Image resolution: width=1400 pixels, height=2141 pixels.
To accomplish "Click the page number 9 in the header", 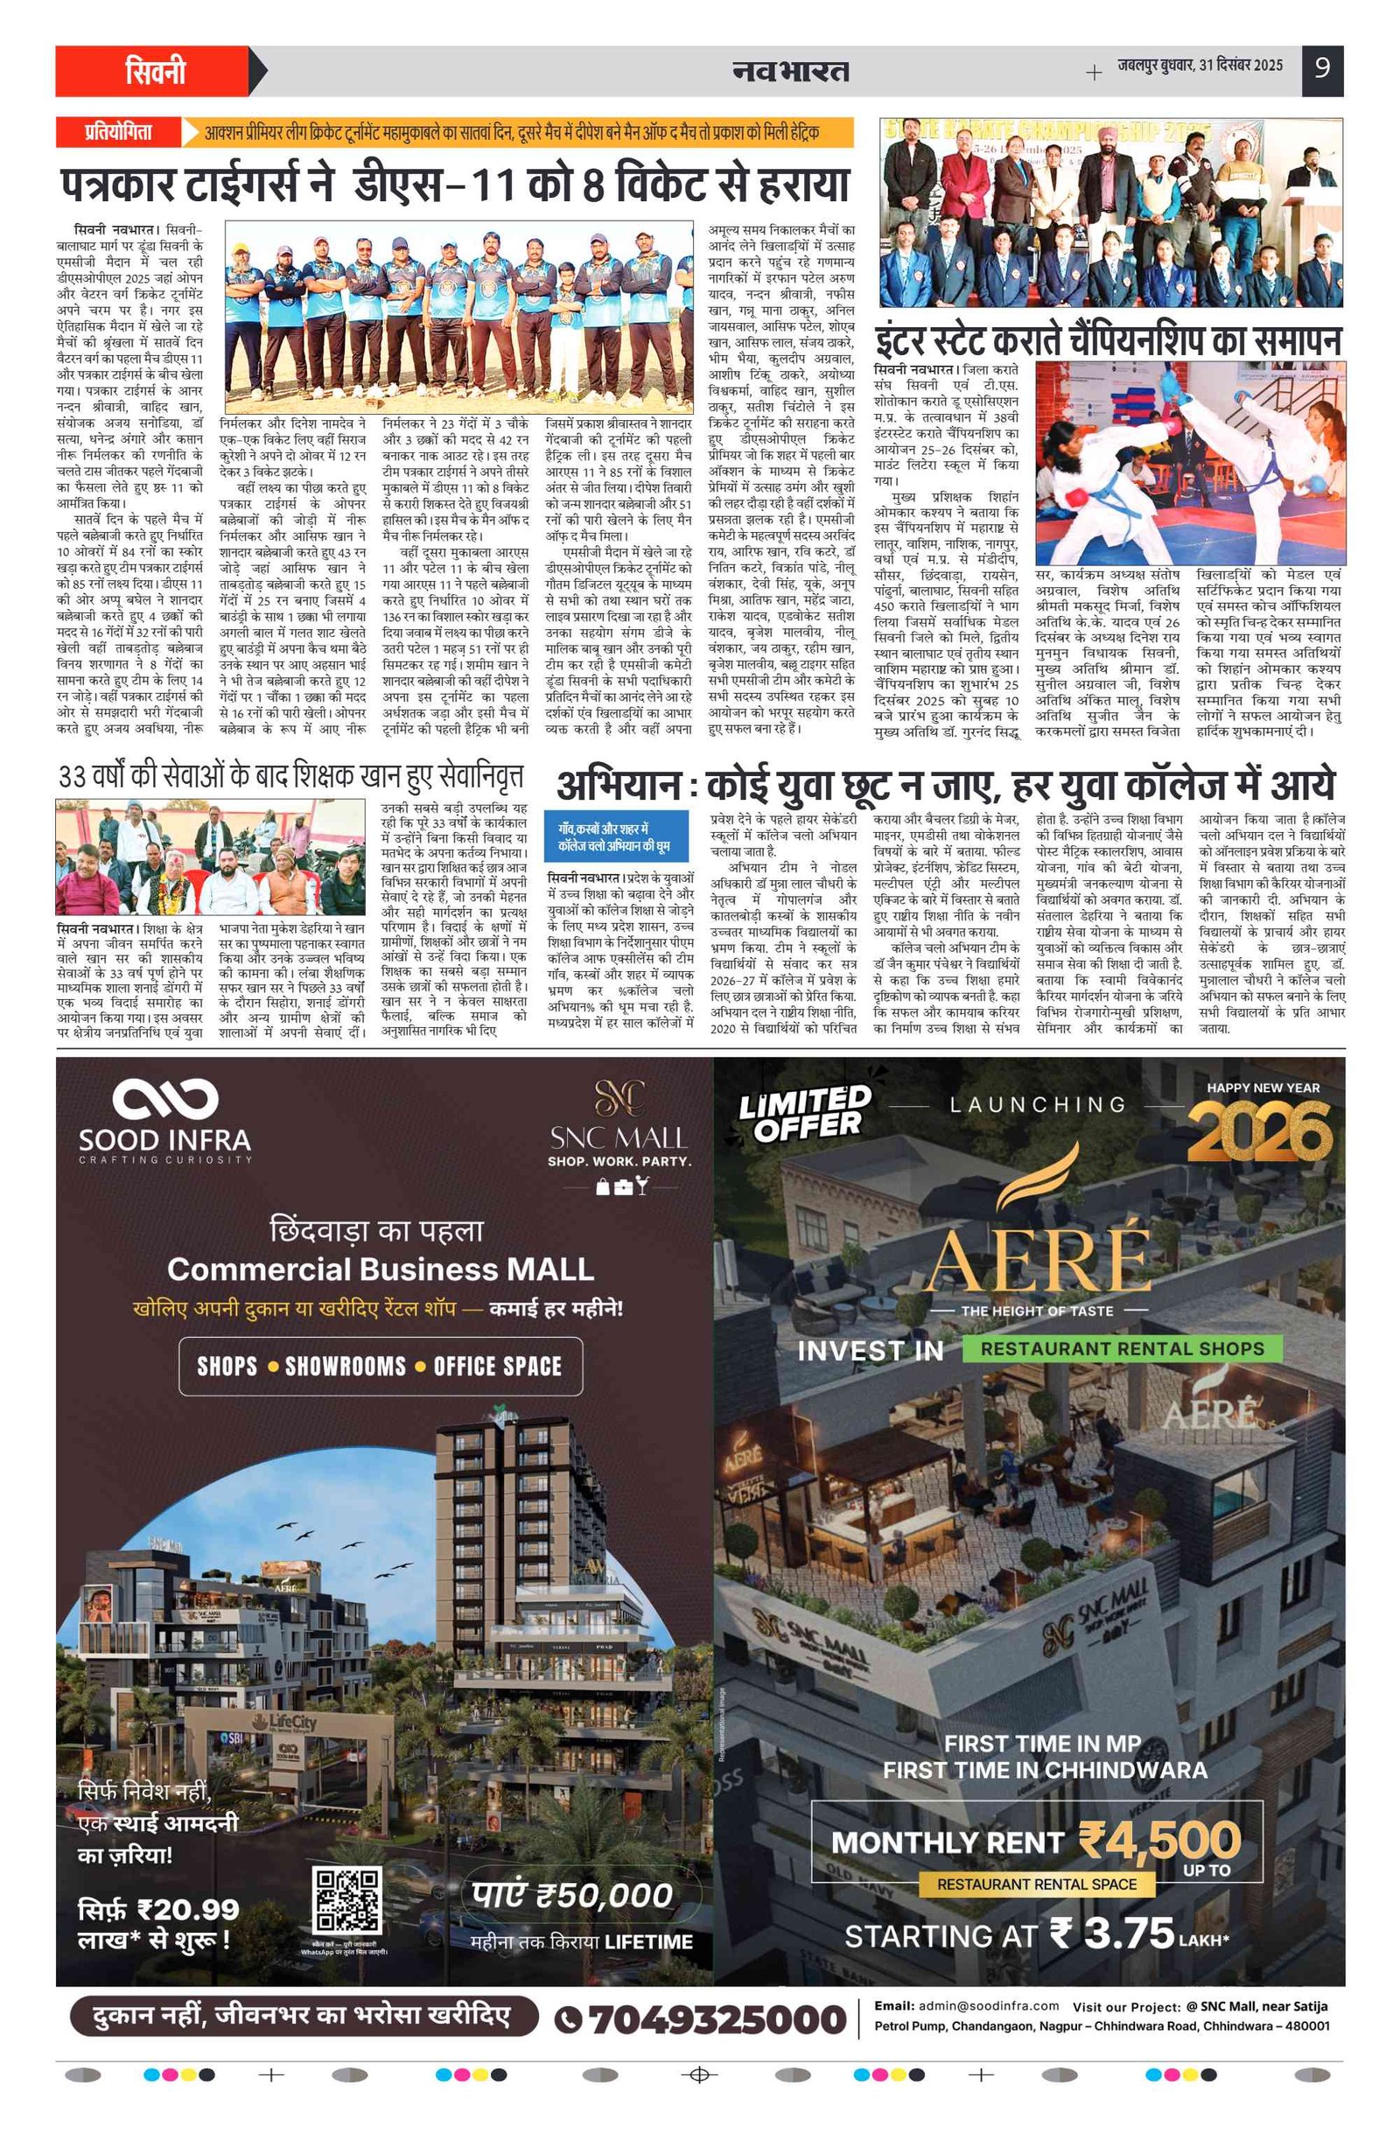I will (x=1321, y=68).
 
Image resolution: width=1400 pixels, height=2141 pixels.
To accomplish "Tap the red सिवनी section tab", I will (x=156, y=71).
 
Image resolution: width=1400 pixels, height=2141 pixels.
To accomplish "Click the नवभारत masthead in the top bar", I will (x=790, y=70).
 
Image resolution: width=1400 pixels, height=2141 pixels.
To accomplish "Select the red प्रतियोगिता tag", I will (x=118, y=132).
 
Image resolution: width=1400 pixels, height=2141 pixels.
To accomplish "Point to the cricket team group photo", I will (x=458, y=316).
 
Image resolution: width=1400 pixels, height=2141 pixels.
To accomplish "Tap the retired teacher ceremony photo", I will (x=210, y=857).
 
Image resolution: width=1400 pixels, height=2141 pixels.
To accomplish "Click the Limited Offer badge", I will (x=804, y=1113).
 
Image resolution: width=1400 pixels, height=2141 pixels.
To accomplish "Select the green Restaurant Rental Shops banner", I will (x=1121, y=1348).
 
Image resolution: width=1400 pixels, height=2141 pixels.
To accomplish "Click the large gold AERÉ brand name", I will (x=1038, y=1258).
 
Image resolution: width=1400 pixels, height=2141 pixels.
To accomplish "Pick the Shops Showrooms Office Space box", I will (x=380, y=1367).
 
